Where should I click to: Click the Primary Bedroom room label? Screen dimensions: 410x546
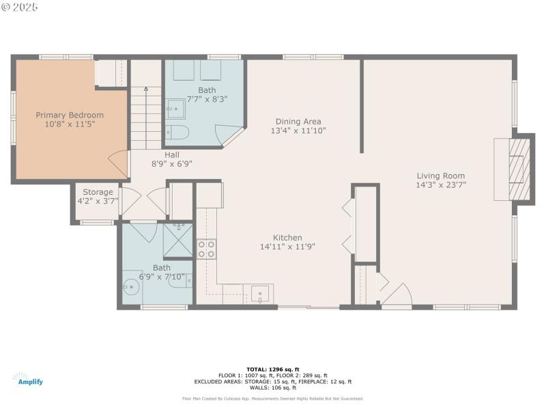tap(70, 115)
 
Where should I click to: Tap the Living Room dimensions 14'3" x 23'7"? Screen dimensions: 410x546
tap(441, 184)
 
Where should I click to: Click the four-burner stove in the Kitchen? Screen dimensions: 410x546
tap(206, 249)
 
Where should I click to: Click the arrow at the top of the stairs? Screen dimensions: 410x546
tap(145, 89)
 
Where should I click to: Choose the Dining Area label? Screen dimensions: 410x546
tap(298, 122)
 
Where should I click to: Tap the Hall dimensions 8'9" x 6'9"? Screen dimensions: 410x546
tap(172, 164)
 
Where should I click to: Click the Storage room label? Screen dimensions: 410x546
tap(98, 192)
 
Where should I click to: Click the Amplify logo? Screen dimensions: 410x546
tap(27, 379)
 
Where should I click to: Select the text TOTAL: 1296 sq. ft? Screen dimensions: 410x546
tap(273, 369)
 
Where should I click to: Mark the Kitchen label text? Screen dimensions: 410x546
tap(287, 238)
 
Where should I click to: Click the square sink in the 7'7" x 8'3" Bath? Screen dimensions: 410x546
tap(175, 109)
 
